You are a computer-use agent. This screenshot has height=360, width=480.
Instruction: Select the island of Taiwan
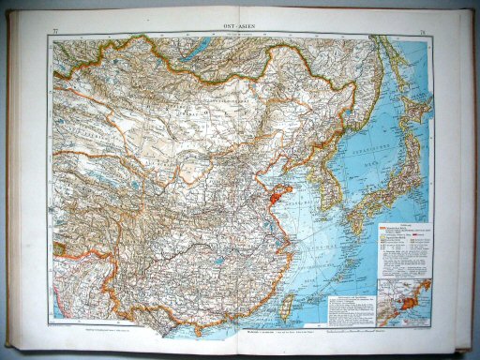pos(289,305)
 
